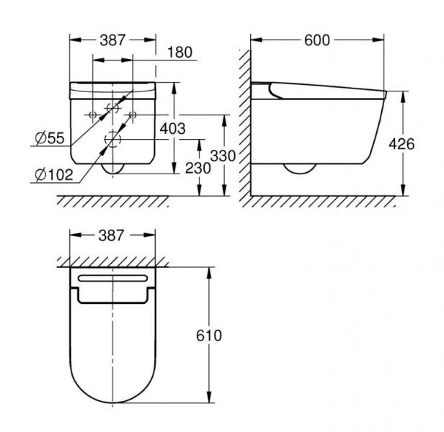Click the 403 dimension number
pos(173,130)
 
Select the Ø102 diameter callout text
pos(51,174)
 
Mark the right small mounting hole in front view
pos(133,114)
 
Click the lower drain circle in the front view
pos(113,138)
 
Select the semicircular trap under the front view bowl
pos(113,168)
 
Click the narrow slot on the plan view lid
pos(113,279)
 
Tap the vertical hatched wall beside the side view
pos(246,115)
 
